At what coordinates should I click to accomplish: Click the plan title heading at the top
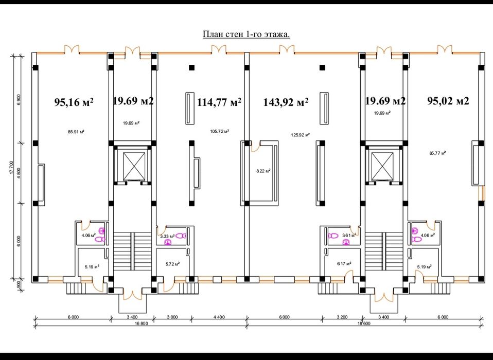point(246,34)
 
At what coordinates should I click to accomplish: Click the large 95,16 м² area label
point(74,102)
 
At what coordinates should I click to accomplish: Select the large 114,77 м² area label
point(219,102)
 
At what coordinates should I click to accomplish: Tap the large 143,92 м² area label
point(286,102)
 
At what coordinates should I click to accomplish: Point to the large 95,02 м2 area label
point(448,101)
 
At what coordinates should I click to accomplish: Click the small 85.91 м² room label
point(76,132)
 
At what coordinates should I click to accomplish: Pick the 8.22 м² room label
point(263,171)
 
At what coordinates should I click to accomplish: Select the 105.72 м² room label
point(219,131)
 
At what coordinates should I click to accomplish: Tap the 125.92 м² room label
point(300,135)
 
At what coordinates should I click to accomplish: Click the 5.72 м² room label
point(172,264)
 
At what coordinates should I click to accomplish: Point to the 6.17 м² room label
point(344,263)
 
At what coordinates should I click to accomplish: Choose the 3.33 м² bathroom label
point(167,236)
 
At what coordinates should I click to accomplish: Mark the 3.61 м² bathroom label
point(349,235)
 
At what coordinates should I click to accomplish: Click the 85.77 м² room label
point(437,153)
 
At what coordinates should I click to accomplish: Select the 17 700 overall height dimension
point(12,167)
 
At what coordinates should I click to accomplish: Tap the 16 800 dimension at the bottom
point(141,323)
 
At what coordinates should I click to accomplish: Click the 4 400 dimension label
point(219,317)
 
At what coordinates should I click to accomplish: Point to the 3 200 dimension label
point(342,317)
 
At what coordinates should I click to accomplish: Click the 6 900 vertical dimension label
point(19,99)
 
